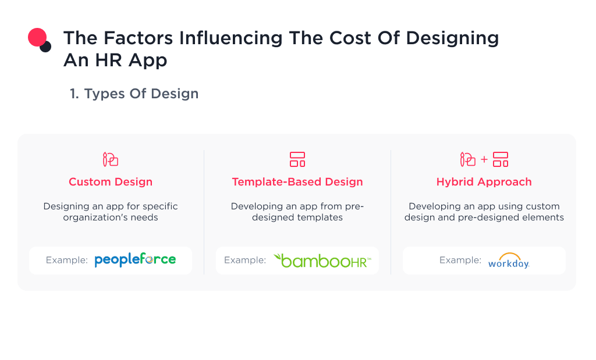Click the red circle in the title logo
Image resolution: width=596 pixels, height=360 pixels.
click(x=37, y=38)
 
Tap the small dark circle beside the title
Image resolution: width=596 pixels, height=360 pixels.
click(x=45, y=47)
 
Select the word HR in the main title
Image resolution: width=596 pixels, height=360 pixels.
click(x=107, y=60)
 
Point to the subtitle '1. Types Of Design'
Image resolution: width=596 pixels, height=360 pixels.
click(x=134, y=94)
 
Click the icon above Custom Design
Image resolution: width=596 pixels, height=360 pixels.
click(x=111, y=159)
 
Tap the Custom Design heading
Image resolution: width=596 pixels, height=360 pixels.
click(x=111, y=182)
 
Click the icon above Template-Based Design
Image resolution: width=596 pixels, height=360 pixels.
click(x=297, y=159)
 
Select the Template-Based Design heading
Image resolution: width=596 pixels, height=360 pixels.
click(x=297, y=182)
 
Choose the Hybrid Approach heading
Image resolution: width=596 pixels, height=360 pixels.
click(x=484, y=182)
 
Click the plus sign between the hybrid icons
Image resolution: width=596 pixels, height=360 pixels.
click(x=484, y=159)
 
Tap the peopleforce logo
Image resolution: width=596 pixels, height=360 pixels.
click(x=135, y=260)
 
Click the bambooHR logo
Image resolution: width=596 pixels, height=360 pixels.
click(x=322, y=260)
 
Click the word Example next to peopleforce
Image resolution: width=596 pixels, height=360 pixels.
click(x=67, y=260)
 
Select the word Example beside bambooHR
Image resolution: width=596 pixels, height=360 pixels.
click(x=245, y=260)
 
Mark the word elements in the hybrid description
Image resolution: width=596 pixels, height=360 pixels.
click(x=542, y=218)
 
